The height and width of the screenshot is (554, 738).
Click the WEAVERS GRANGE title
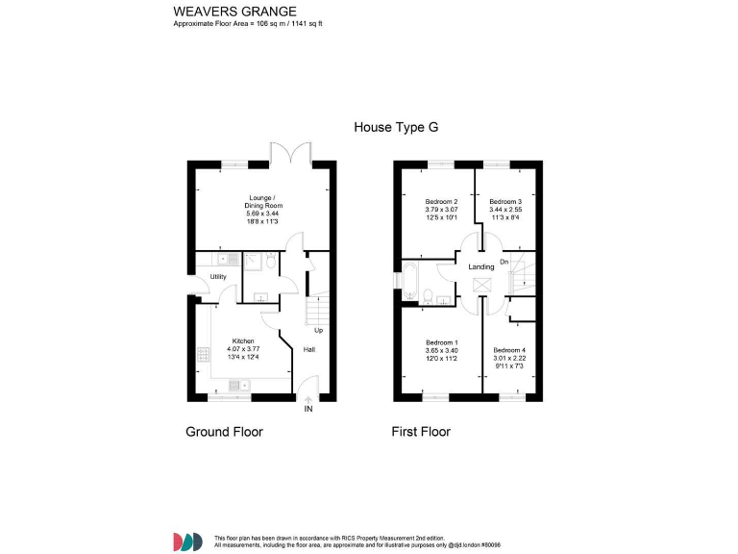coord(228,11)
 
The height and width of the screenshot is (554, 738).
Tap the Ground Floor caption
coord(224,432)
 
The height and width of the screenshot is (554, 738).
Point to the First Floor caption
coord(421,432)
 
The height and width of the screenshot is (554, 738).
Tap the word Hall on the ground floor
coord(309,349)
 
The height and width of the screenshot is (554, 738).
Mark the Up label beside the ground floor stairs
coord(317,332)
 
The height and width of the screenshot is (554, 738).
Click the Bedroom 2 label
coord(441,201)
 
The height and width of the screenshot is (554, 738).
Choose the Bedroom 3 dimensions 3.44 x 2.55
coord(505,209)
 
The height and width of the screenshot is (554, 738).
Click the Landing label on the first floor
coord(480,266)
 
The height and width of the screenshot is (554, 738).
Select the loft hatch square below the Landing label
coord(480,285)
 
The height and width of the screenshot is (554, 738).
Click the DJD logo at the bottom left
coord(187,541)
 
